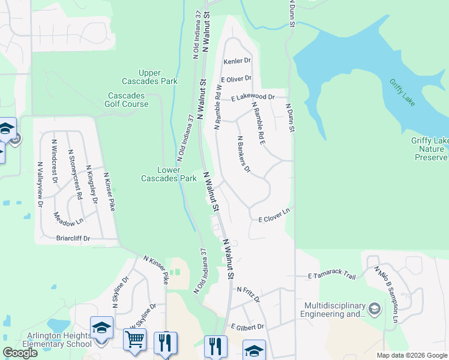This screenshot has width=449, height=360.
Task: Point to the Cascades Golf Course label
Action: (128, 100)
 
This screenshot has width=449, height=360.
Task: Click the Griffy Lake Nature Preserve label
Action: (429, 149)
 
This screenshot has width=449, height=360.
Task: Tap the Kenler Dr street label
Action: (237, 61)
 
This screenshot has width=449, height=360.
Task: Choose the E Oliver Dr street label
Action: (236, 79)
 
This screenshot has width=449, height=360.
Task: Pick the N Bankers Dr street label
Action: (243, 153)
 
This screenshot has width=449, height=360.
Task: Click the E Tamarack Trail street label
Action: (332, 274)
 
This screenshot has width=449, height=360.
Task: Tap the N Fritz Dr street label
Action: (248, 293)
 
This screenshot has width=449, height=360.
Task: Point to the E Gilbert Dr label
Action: (248, 327)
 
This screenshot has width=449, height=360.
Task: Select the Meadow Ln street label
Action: (68, 219)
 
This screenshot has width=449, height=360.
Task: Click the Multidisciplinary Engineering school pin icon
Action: (375, 308)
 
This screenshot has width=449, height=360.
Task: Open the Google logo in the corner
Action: (20, 353)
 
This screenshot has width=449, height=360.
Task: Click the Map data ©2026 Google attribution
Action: (412, 355)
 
